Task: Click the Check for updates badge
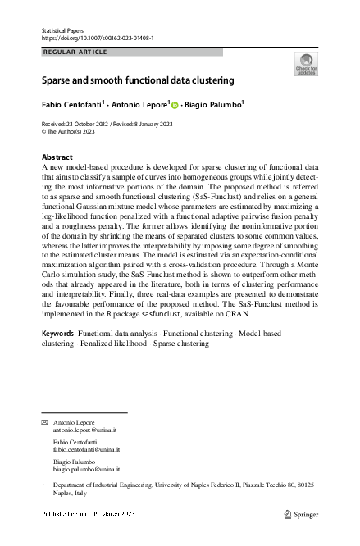pos(305,64)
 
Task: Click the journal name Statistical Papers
pos(62,30)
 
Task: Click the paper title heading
pos(138,81)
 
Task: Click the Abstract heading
pos(58,157)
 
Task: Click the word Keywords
pos(57,357)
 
